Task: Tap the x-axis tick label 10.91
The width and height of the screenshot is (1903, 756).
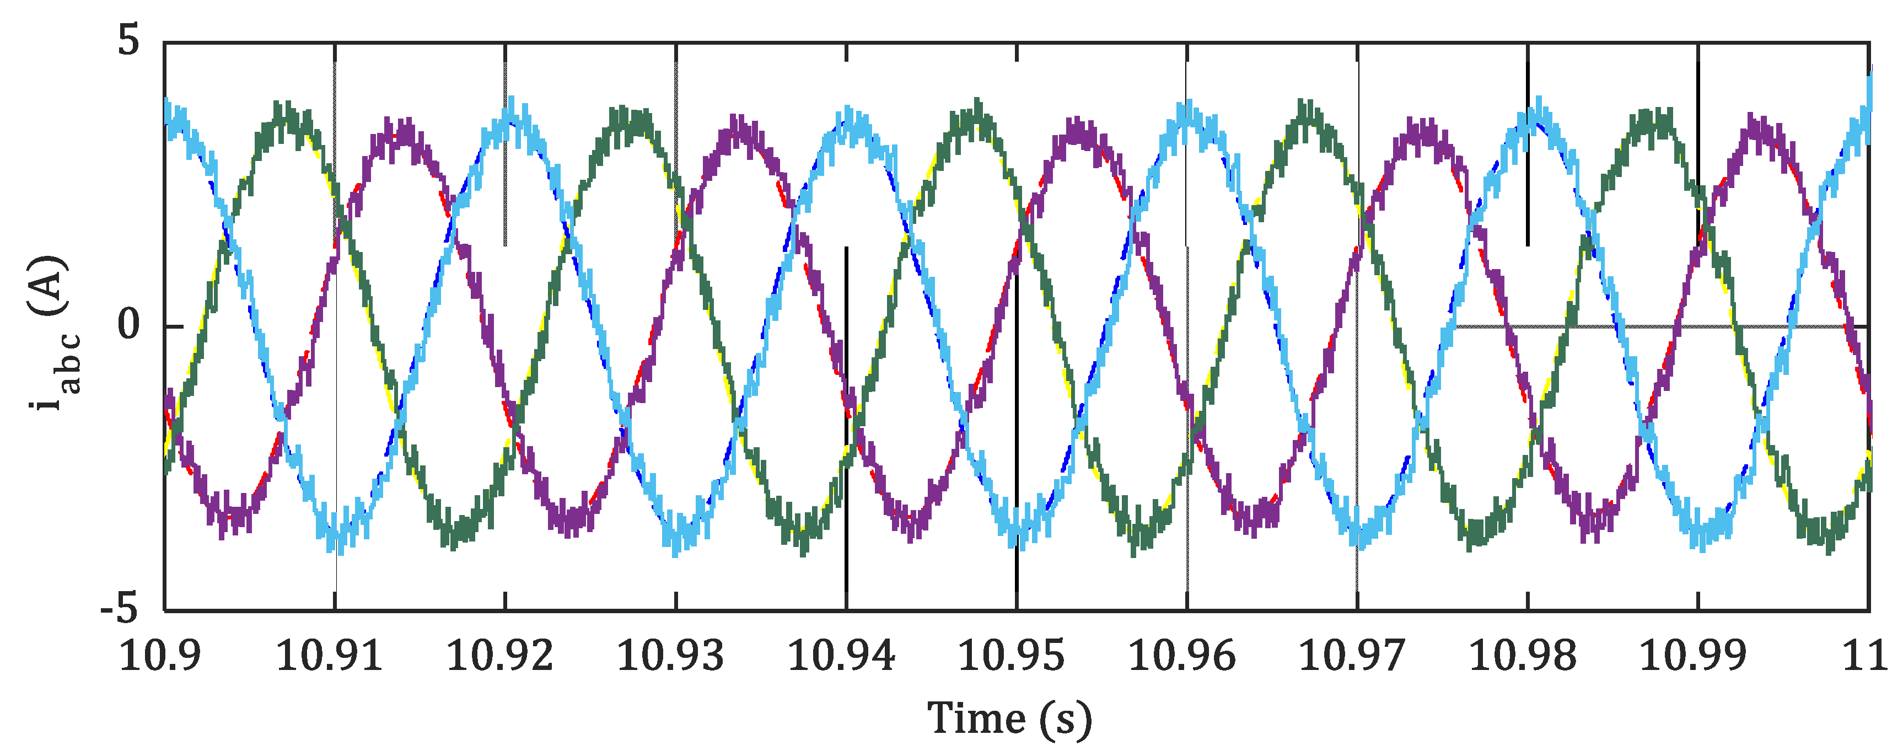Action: tap(330, 656)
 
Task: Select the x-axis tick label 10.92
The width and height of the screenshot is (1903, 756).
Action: tap(500, 656)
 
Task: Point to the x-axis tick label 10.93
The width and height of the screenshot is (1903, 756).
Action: tap(671, 656)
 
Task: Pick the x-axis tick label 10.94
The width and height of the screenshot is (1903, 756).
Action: tap(841, 656)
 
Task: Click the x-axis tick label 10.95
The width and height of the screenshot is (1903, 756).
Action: tap(1012, 656)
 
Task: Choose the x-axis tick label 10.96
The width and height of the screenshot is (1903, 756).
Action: tap(1182, 656)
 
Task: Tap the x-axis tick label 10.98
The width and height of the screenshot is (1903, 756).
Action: tap(1523, 656)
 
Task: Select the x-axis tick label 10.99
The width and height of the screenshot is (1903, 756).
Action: tap(1693, 656)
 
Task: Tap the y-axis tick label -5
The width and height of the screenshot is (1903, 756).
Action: tap(120, 610)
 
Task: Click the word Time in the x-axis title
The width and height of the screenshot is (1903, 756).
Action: tap(976, 719)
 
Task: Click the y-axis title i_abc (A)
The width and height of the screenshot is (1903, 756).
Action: tap(52, 333)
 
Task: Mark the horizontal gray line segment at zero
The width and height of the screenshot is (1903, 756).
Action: tap(1662, 326)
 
